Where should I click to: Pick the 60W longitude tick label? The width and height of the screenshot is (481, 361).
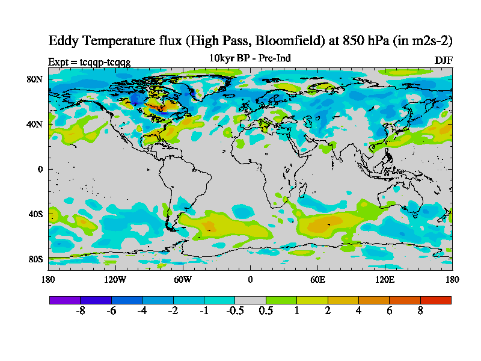[182, 279]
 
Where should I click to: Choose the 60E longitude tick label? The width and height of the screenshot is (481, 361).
[317, 279]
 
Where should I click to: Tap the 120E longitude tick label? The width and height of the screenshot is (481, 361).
[385, 279]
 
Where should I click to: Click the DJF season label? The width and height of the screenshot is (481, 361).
[443, 60]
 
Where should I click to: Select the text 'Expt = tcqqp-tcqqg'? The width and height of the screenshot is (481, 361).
[89, 61]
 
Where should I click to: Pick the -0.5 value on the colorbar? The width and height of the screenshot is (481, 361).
[234, 311]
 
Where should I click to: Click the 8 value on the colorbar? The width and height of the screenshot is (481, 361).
[420, 311]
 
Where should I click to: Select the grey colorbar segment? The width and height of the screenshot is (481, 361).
[250, 300]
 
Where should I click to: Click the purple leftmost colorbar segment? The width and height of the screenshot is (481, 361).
[65, 300]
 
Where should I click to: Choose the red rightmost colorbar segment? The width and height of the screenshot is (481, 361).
[435, 300]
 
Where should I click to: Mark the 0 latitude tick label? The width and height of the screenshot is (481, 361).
[39, 169]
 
